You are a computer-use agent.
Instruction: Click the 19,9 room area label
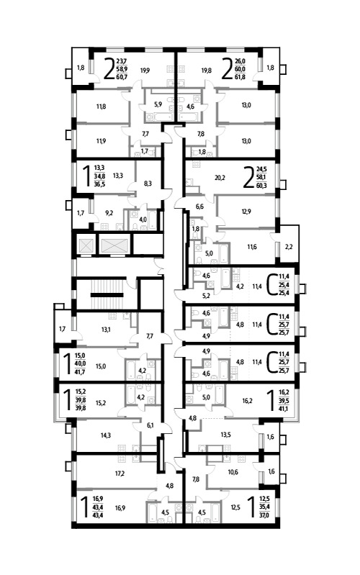click(145, 70)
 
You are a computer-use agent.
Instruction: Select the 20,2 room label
click(220, 178)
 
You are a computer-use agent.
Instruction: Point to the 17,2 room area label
click(120, 473)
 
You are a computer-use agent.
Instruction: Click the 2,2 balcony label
click(289, 246)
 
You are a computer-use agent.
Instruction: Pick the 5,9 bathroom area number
click(158, 104)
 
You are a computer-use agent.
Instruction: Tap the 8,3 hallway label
click(148, 184)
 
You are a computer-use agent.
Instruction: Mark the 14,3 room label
click(106, 435)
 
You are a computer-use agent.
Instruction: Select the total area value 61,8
click(240, 76)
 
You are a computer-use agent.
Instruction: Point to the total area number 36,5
click(99, 184)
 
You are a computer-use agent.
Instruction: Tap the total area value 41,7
click(80, 372)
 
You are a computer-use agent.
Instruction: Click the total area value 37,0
click(264, 515)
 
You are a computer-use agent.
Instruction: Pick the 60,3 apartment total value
click(261, 185)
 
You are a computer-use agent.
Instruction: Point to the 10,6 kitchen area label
click(233, 472)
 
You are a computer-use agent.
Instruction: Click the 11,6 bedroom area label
click(252, 247)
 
